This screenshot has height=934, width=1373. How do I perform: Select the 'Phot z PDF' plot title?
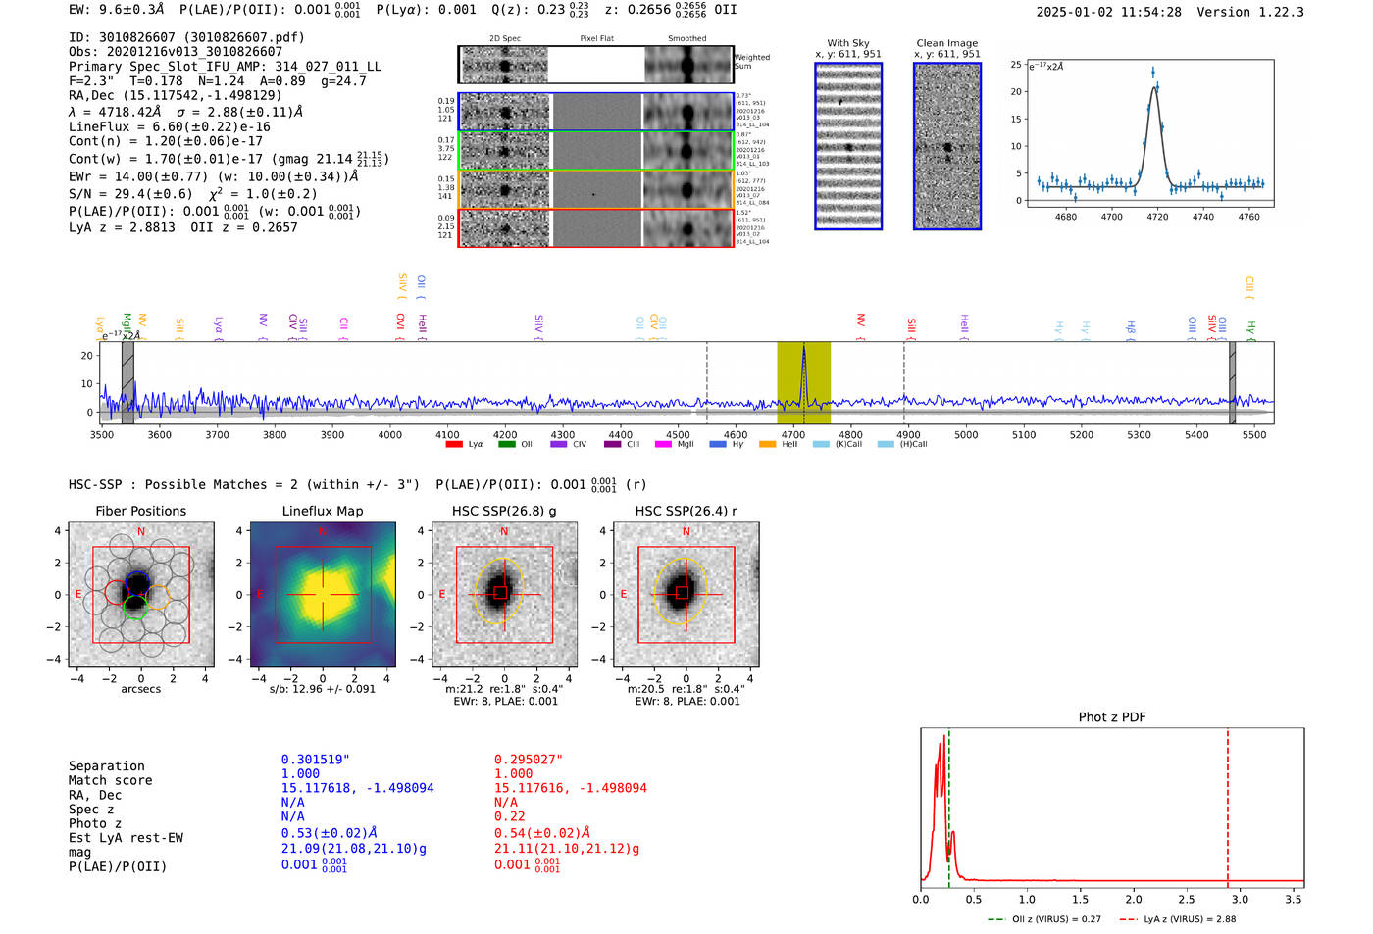(x=1112, y=717)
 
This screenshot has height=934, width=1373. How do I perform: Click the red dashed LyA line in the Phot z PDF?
(x=1228, y=804)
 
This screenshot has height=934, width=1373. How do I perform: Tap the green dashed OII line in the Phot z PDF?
(x=949, y=804)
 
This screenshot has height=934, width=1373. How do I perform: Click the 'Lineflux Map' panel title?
(x=322, y=511)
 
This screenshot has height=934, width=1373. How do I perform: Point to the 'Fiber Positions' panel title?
(x=140, y=511)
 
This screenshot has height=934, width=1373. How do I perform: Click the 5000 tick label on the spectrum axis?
(x=966, y=434)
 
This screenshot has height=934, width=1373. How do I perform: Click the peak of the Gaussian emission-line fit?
(x=1154, y=87)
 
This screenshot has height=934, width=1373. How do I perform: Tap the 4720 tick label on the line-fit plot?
(x=1157, y=217)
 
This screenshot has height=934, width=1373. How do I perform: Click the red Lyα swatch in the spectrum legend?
(x=454, y=445)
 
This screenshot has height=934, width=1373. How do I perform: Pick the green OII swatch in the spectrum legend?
(x=506, y=445)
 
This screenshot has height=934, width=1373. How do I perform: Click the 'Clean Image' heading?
(x=946, y=43)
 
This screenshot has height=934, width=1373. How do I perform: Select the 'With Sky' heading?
(x=847, y=43)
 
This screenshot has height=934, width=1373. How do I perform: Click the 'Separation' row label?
(x=107, y=766)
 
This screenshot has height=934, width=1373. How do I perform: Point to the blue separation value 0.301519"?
(x=316, y=760)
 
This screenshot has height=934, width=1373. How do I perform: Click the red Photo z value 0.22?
(x=510, y=816)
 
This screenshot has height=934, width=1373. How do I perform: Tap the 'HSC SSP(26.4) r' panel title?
(x=686, y=511)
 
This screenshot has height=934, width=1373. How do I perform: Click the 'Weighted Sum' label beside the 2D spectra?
(x=751, y=62)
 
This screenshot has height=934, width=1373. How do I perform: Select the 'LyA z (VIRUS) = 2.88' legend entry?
(x=1189, y=919)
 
